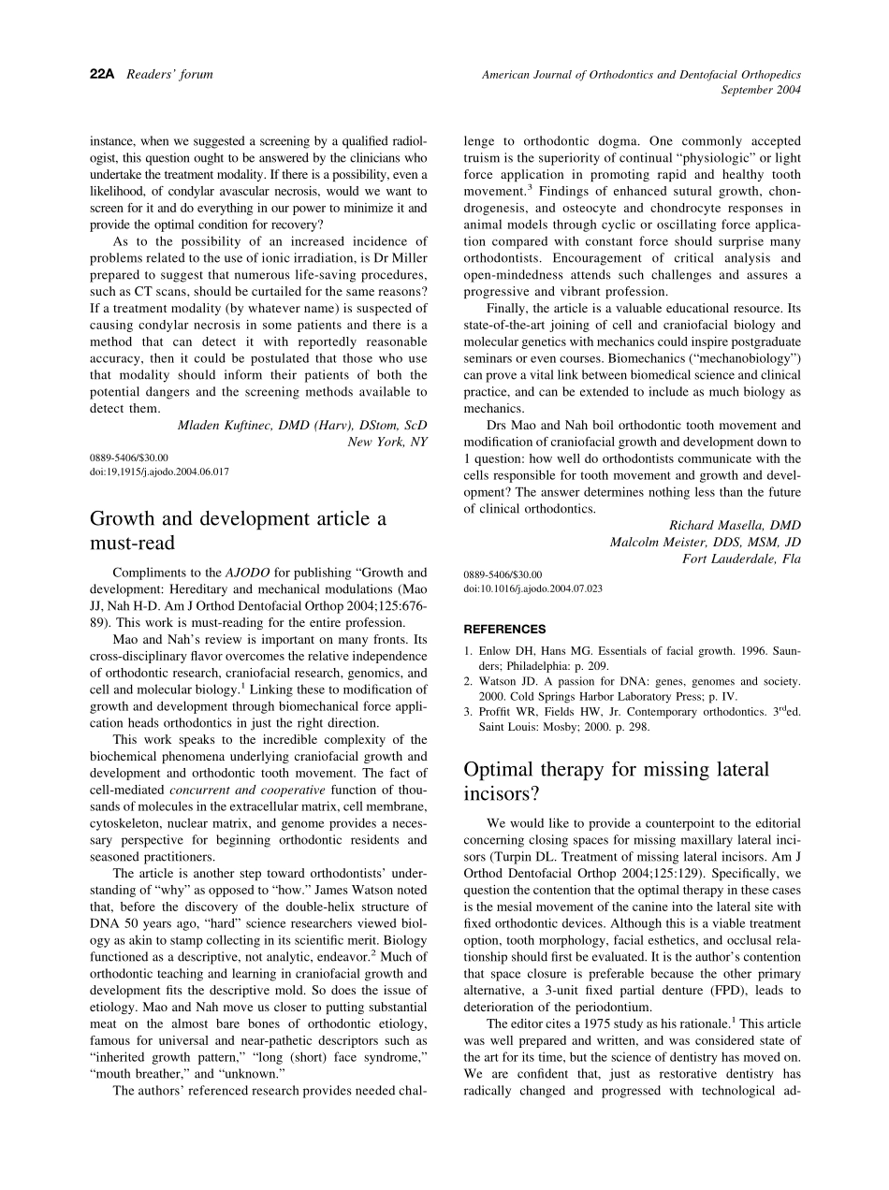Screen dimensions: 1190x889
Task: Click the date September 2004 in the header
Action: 761,90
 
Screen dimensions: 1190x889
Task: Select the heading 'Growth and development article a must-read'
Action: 238,530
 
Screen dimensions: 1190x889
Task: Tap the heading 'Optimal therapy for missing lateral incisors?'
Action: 616,781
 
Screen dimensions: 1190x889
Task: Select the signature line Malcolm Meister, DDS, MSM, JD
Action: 705,542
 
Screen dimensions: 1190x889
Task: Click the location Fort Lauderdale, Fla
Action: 741,559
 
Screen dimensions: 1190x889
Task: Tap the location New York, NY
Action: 387,442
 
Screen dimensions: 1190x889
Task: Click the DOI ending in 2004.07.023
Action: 532,589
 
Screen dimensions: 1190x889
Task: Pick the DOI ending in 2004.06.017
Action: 159,472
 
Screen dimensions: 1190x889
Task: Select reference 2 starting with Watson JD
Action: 633,689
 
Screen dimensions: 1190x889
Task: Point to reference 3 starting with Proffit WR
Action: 633,719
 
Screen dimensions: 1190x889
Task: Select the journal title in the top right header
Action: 641,74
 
